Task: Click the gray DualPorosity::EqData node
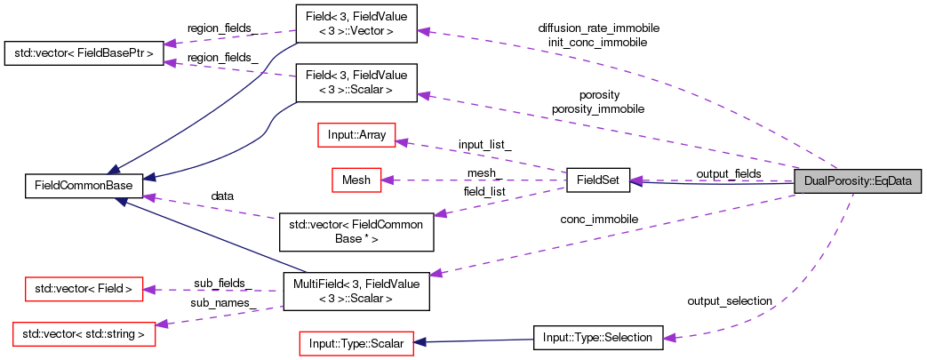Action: [x=857, y=181]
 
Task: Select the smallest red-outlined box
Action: [x=356, y=180]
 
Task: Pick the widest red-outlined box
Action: [x=84, y=333]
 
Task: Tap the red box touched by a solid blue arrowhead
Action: [x=356, y=343]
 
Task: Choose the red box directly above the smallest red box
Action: [x=356, y=135]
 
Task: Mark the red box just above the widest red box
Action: [x=84, y=289]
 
